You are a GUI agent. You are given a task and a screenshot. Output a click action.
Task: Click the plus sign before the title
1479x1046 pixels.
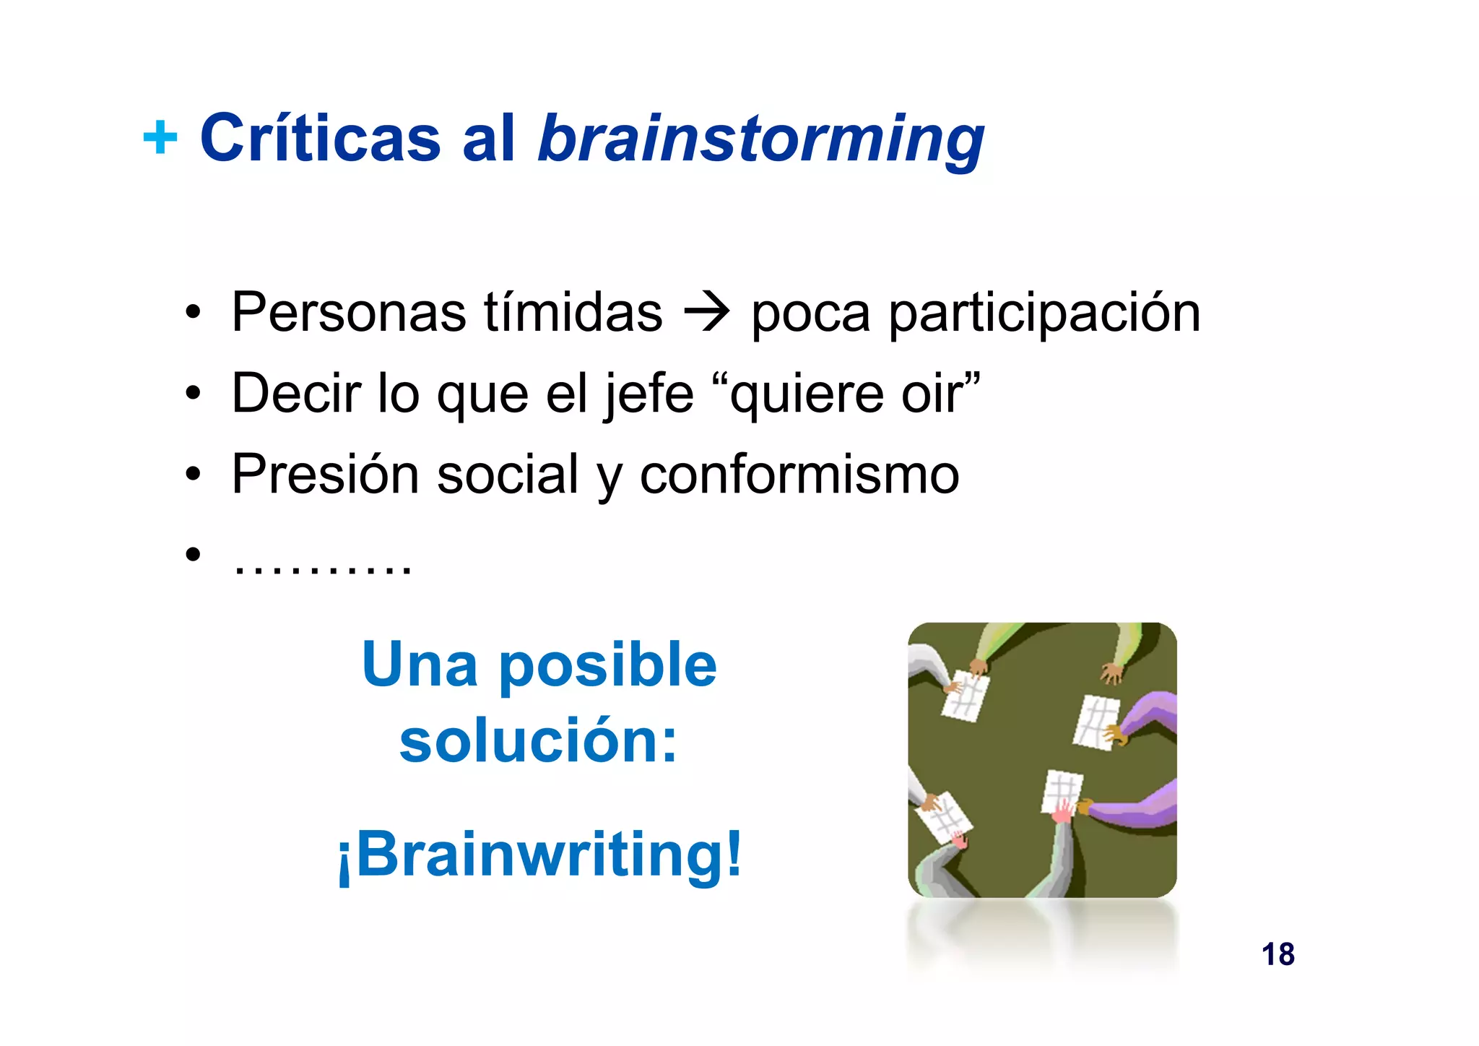click(160, 137)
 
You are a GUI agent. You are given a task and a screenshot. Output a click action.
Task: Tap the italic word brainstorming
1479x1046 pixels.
click(760, 139)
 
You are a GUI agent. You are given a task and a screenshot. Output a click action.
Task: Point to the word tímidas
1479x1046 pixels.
click(573, 312)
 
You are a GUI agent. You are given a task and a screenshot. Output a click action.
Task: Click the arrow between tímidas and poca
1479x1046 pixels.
click(707, 314)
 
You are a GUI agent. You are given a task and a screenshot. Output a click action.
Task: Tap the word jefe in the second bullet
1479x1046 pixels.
click(649, 394)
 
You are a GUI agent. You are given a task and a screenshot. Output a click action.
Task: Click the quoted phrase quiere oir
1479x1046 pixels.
click(855, 394)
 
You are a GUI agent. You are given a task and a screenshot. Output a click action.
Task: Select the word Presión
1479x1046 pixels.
click(326, 475)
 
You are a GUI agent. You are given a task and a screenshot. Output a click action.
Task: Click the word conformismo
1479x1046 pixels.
click(799, 475)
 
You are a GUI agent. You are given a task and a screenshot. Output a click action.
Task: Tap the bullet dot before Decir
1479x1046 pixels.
click(192, 394)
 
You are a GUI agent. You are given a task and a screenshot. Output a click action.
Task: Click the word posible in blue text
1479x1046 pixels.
click(607, 666)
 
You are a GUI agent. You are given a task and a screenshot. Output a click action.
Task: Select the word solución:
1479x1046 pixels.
click(539, 741)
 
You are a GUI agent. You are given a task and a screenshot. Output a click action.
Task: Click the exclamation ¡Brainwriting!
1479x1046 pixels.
click(539, 855)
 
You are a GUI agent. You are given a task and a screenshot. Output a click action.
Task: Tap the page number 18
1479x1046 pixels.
click(1278, 954)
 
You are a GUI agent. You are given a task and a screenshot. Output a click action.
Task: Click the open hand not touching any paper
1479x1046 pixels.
click(1111, 673)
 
